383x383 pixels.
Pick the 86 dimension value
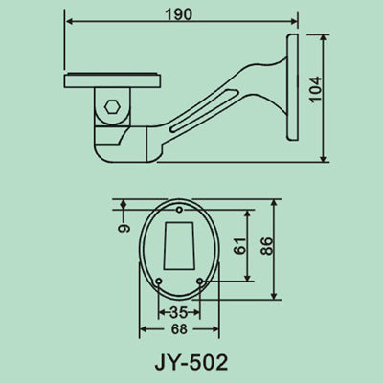[267, 248]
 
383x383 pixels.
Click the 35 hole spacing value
[178, 313]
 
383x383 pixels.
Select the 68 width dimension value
[179, 329]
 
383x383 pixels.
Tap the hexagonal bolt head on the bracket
[114, 106]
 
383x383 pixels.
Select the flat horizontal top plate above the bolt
[113, 80]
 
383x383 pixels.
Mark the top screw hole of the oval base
[179, 210]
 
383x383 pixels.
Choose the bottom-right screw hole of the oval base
[198, 280]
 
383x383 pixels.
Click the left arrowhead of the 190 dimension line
[69, 26]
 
